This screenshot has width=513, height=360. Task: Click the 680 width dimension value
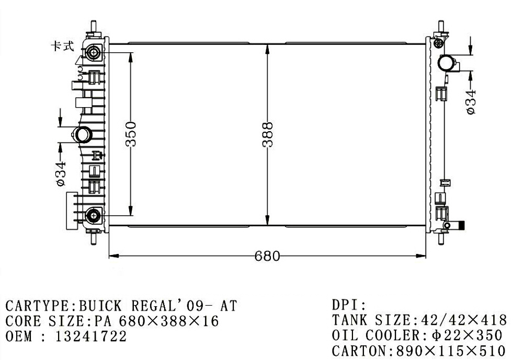pos(267,256)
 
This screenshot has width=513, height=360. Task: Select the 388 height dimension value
pos(268,134)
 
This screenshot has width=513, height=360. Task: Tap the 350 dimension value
pos(131,134)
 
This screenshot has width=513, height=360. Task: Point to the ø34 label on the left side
pos(61,174)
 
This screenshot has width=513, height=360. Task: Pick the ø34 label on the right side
pos(471,102)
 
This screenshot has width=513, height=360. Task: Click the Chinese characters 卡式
pos(62,46)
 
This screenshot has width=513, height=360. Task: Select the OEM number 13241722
pos(90,336)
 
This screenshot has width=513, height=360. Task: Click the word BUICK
pos(100,306)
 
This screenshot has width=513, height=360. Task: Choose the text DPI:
pos(349,305)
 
